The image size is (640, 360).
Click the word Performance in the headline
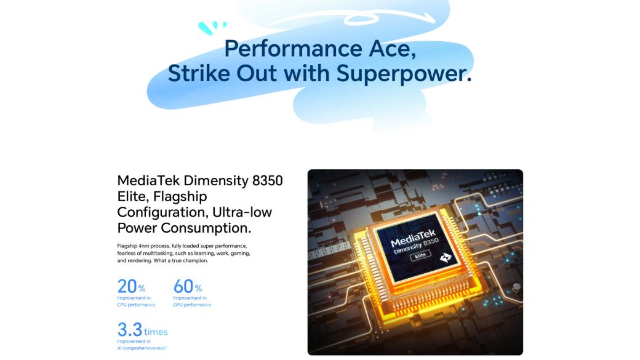tap(293, 49)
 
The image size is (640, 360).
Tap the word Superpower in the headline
tap(404, 74)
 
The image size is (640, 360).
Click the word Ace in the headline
tap(392, 49)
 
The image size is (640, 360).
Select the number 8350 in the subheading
tap(267, 180)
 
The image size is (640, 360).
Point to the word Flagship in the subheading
tap(180, 197)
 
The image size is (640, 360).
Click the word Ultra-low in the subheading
tap(242, 212)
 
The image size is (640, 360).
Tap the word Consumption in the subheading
tap(206, 228)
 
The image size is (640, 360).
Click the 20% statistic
tap(131, 286)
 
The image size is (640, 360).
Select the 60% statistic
tap(187, 286)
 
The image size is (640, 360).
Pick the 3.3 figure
tap(129, 329)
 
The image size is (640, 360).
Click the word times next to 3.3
tap(156, 332)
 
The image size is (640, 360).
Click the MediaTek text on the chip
tap(413, 238)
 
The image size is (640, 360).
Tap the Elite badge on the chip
tap(420, 255)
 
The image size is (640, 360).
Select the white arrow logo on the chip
tap(446, 258)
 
